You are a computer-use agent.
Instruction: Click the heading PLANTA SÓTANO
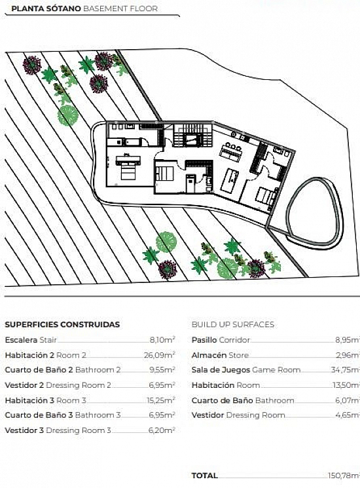point(46,9)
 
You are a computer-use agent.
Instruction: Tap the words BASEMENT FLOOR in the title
point(120,9)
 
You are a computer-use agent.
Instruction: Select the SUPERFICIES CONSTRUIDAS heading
point(62,324)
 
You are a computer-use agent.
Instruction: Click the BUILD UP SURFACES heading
point(233,324)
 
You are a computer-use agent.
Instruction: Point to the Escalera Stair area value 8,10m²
point(162,339)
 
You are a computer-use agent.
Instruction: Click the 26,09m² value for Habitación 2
point(160,355)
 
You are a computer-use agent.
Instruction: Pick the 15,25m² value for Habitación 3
point(161,400)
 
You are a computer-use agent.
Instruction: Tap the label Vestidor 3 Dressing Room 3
point(58,430)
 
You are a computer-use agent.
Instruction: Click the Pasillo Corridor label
point(221,339)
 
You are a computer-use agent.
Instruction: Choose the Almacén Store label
point(220,355)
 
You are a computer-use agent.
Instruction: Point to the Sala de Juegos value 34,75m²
point(345,369)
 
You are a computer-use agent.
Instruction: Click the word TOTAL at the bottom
point(205,476)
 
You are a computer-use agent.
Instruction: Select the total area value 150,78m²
point(344,476)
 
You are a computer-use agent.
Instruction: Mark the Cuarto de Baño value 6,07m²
point(348,400)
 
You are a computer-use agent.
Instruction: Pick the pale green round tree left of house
point(67,115)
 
